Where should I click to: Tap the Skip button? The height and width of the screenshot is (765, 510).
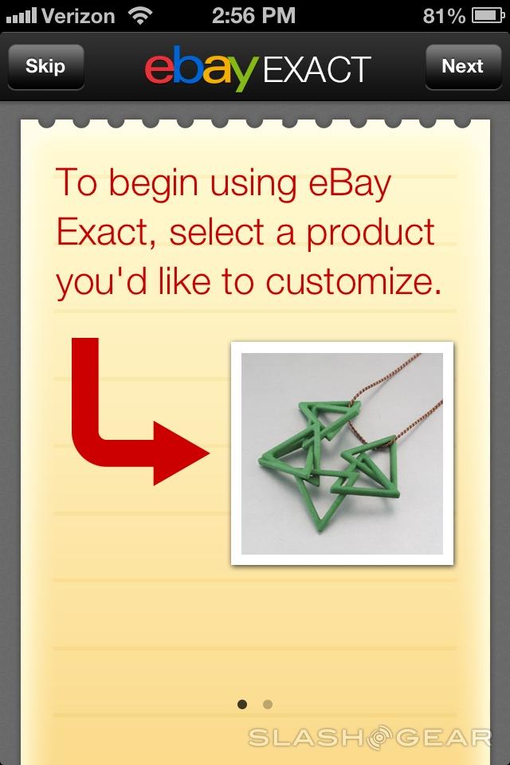point(46,67)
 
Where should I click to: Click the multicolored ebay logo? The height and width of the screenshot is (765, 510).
point(201,69)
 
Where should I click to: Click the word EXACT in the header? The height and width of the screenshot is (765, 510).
point(317,70)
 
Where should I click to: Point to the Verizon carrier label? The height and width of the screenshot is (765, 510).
point(79,16)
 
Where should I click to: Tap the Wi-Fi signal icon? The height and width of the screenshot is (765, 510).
point(140,16)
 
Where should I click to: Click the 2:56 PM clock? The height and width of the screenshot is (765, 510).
point(253,16)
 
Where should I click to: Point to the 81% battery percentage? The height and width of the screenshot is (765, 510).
point(444,16)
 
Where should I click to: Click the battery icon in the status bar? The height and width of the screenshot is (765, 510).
point(488,16)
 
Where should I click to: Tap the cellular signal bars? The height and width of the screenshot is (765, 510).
point(22,17)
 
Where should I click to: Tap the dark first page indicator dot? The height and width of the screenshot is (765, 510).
point(242,704)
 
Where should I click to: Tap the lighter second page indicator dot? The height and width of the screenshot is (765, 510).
point(268,704)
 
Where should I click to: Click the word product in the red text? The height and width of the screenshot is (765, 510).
point(371,234)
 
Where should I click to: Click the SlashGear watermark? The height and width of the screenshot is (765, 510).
point(370,737)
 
